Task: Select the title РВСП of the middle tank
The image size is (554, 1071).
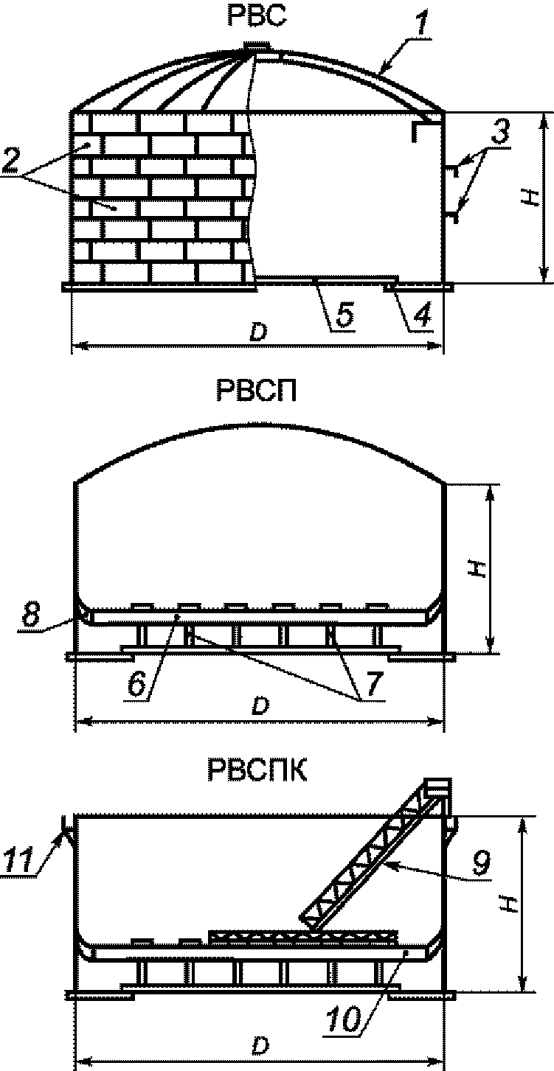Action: tap(256, 391)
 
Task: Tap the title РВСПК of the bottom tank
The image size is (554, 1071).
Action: tap(255, 772)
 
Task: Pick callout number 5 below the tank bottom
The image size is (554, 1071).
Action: tap(344, 315)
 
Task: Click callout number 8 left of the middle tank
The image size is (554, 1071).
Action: tap(30, 616)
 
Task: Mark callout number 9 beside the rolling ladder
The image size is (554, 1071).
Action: tap(481, 863)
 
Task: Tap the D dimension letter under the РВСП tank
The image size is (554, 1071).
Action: tap(257, 707)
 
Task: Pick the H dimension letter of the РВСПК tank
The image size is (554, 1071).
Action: tap(508, 908)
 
